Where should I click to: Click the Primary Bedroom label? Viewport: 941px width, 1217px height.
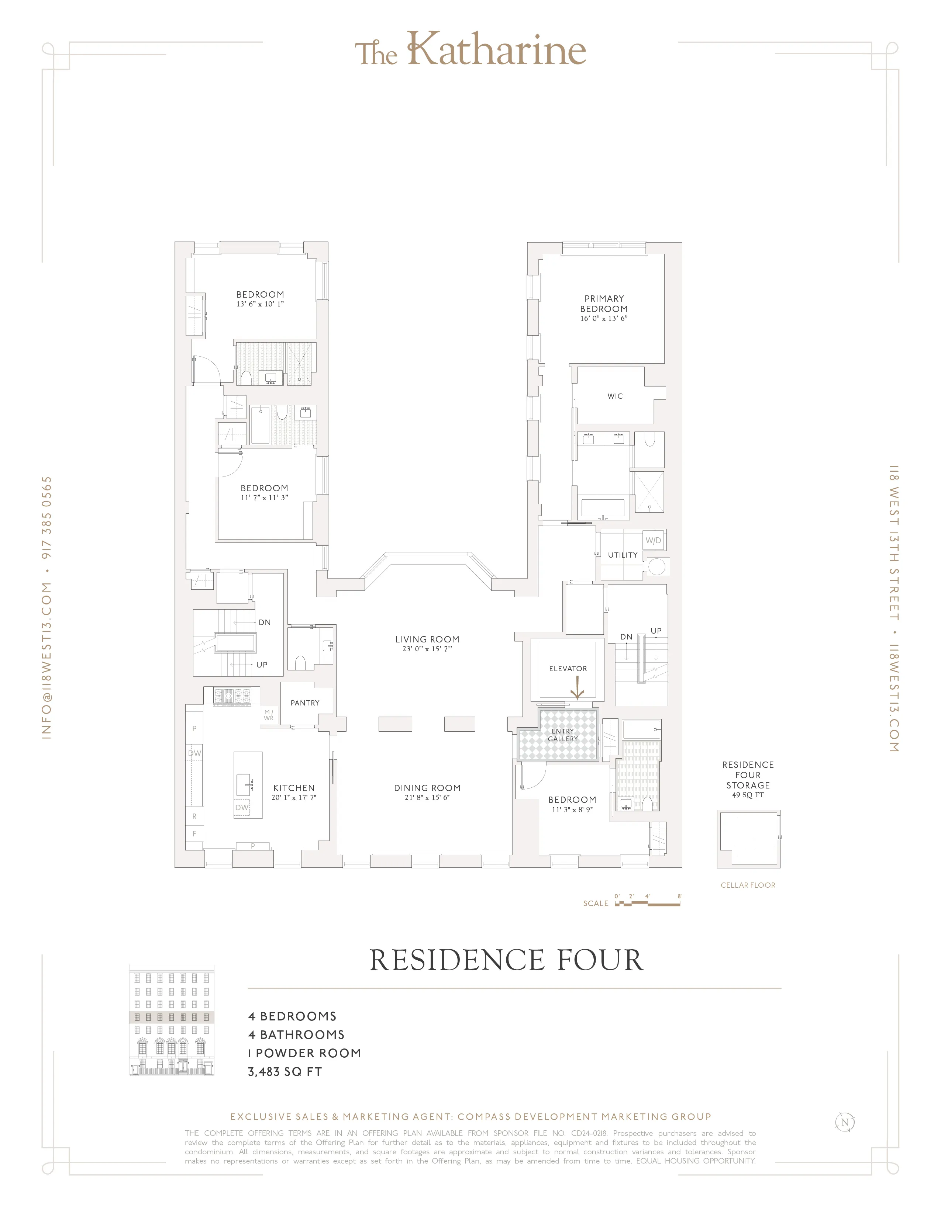coord(604,304)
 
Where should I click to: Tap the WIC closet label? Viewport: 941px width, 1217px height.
coord(615,396)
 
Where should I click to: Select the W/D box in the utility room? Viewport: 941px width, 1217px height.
coord(653,541)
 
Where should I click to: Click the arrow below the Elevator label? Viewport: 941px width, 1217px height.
coord(578,688)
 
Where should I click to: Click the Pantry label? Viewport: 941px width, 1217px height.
coord(305,703)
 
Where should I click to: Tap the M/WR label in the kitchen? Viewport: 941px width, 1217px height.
coord(269,715)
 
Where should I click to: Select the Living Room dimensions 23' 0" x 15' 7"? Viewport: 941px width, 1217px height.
coord(427,649)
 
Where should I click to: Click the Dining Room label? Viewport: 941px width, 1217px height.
coord(427,788)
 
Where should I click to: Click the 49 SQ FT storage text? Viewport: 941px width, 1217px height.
coord(748,795)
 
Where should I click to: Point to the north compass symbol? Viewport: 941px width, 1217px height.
coord(845,1122)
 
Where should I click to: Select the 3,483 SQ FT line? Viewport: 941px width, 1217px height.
coord(285,1072)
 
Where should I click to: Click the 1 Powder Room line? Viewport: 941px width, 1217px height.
coord(304,1053)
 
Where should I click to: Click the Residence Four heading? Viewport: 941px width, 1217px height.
coord(506,960)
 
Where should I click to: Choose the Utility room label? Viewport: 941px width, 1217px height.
coord(622,555)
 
